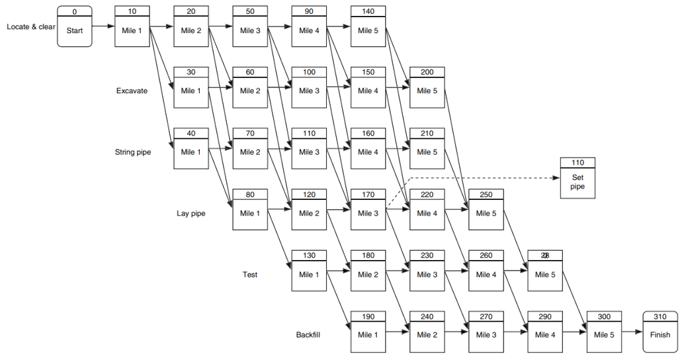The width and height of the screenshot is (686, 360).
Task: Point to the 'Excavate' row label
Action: click(131, 91)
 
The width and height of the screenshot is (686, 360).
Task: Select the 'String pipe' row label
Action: click(133, 152)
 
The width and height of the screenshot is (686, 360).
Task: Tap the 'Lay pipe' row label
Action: click(191, 213)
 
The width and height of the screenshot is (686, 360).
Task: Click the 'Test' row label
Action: click(250, 274)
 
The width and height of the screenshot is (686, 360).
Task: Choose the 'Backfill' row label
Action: click(309, 335)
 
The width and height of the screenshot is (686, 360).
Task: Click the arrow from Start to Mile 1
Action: click(103, 27)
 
